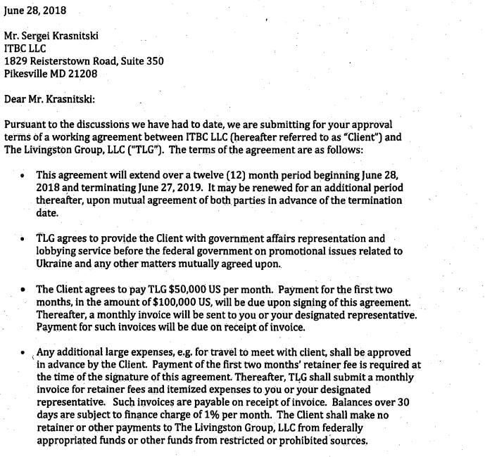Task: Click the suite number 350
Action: tap(154, 61)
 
